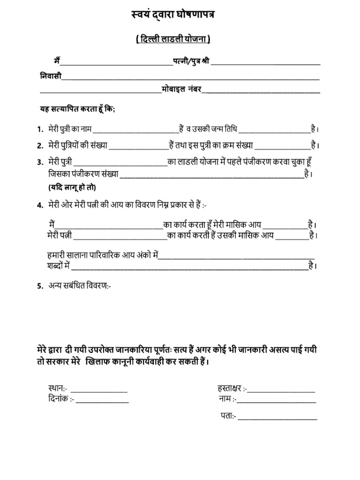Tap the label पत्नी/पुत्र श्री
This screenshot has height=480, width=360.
191,61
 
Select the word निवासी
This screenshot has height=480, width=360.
50,76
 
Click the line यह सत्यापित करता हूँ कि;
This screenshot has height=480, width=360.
76,109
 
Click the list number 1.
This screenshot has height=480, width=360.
40,129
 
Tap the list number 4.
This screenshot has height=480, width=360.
40,205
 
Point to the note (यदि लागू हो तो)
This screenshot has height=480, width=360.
72,187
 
